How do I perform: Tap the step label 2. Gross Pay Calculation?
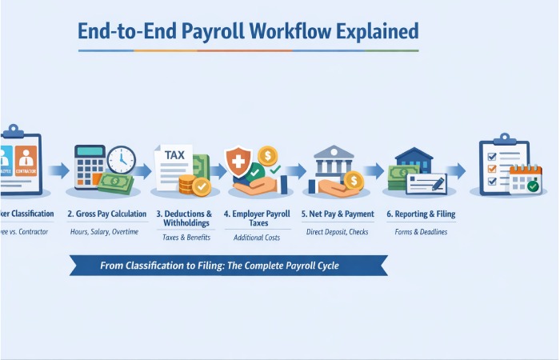[106, 214]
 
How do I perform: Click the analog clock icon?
[121, 160]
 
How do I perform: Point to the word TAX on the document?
[174, 155]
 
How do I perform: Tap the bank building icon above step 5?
[334, 162]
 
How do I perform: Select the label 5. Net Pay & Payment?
[338, 214]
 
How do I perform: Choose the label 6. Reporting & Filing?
[421, 214]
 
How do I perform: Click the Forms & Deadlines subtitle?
[421, 232]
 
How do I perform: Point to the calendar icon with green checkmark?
[526, 180]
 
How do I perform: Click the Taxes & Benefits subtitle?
[184, 238]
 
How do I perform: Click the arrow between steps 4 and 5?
[297, 170]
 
